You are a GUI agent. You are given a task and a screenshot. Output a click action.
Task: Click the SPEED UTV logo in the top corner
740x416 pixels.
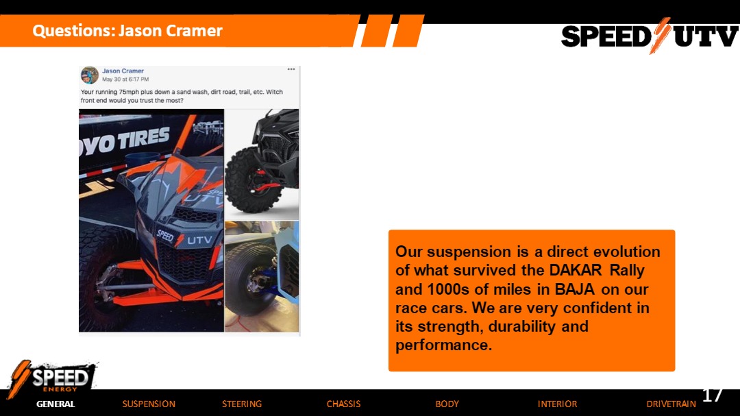650,36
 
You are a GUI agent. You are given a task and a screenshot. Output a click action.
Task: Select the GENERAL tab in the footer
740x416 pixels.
56,404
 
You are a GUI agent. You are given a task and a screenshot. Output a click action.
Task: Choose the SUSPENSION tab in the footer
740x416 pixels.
149,404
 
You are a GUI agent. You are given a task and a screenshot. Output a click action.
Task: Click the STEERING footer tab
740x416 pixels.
242,404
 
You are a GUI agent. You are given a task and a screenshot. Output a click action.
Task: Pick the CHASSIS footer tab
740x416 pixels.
343,404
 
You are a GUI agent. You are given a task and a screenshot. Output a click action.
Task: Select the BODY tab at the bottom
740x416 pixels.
447,404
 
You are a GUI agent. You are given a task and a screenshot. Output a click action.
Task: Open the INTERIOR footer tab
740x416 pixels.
557,404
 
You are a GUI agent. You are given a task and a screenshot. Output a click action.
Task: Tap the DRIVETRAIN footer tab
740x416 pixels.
671,404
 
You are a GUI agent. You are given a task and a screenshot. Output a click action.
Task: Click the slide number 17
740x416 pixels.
713,395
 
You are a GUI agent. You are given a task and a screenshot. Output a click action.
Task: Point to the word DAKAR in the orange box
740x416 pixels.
576,270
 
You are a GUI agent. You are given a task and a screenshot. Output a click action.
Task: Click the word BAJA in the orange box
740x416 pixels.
574,289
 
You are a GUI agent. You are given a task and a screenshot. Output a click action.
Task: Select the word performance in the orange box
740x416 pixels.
443,345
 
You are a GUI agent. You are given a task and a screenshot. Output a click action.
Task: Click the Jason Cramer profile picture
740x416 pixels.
89,75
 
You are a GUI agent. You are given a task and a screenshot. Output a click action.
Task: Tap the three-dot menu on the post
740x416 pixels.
291,69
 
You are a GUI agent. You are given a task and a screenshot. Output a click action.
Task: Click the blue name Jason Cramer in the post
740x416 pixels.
123,71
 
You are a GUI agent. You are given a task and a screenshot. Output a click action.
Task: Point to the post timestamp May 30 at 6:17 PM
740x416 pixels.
125,79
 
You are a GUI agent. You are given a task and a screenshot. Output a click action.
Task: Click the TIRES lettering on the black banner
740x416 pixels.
142,139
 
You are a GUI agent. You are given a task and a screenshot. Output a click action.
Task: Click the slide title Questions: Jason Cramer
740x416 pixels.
127,31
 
